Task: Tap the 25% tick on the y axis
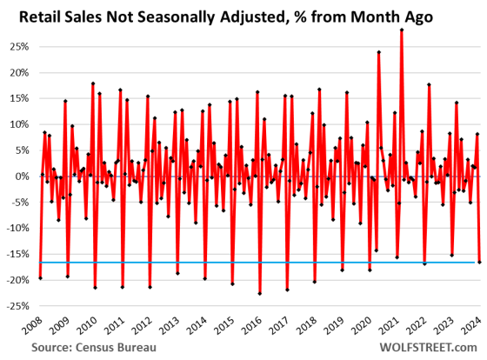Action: (x=19, y=45)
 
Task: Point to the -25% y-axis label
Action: (x=17, y=306)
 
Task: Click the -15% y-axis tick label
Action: (x=17, y=254)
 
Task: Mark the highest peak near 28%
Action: (x=402, y=30)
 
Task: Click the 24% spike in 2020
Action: (x=379, y=51)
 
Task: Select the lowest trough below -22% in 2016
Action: (x=260, y=294)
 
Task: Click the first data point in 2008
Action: (x=40, y=278)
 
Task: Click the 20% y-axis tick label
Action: (x=19, y=71)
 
